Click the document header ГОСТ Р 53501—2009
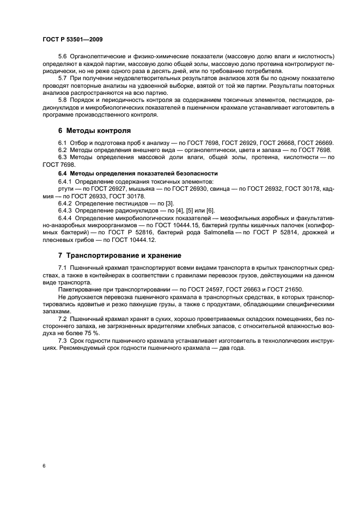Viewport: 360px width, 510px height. click(72, 40)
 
